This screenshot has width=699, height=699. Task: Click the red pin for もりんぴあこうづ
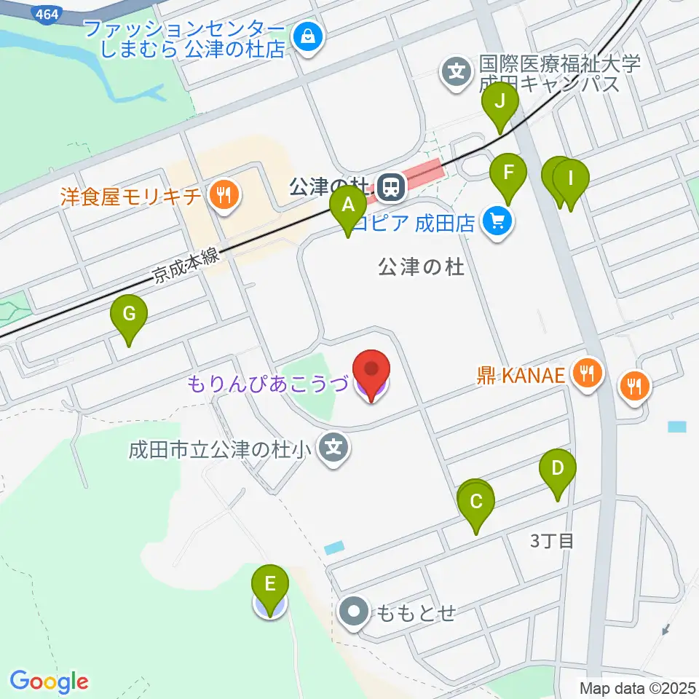tap(371, 370)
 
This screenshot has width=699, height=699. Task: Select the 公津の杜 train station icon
tap(392, 189)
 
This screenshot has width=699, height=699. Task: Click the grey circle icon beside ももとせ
tap(355, 612)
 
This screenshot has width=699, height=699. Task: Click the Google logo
tap(49, 682)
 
